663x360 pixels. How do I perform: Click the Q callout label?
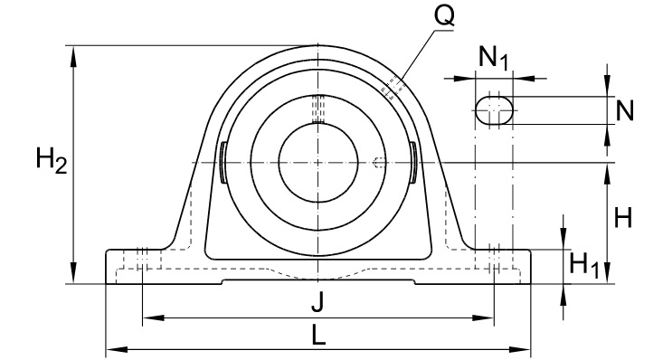444,16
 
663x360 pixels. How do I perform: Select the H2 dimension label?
52,160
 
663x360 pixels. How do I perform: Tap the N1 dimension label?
493,57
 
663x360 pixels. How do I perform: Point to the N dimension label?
624,111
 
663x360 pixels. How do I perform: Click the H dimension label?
623,217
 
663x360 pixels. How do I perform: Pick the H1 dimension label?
584,265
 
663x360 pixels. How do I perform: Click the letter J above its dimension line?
317,302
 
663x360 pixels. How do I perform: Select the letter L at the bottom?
318,336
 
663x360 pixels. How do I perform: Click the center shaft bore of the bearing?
318,163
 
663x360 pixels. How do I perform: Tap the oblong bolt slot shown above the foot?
494,110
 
